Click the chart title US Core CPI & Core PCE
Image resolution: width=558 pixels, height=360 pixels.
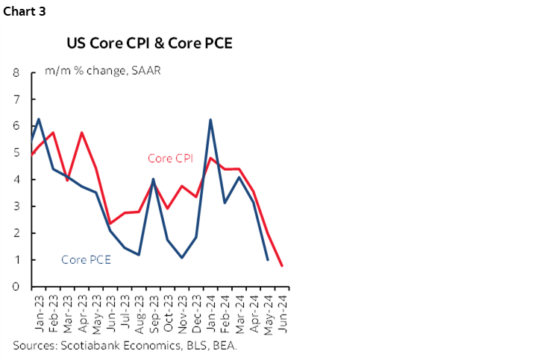[x=149, y=42]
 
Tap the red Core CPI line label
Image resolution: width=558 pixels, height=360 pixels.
[x=171, y=158]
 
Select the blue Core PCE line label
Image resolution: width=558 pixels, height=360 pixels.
[x=87, y=259]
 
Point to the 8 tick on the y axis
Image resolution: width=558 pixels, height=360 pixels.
[x=16, y=73]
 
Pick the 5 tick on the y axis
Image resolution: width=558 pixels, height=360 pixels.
[x=16, y=153]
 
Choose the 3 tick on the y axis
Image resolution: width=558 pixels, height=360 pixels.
[x=16, y=206]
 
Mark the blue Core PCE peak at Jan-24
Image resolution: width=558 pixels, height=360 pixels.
[x=211, y=119]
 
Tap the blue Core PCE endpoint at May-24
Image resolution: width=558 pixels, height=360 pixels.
[x=268, y=259]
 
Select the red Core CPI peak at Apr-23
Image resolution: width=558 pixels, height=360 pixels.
[x=81, y=133]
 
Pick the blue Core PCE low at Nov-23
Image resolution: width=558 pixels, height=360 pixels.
[x=182, y=258]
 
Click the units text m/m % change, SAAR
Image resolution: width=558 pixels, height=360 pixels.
[x=102, y=71]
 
